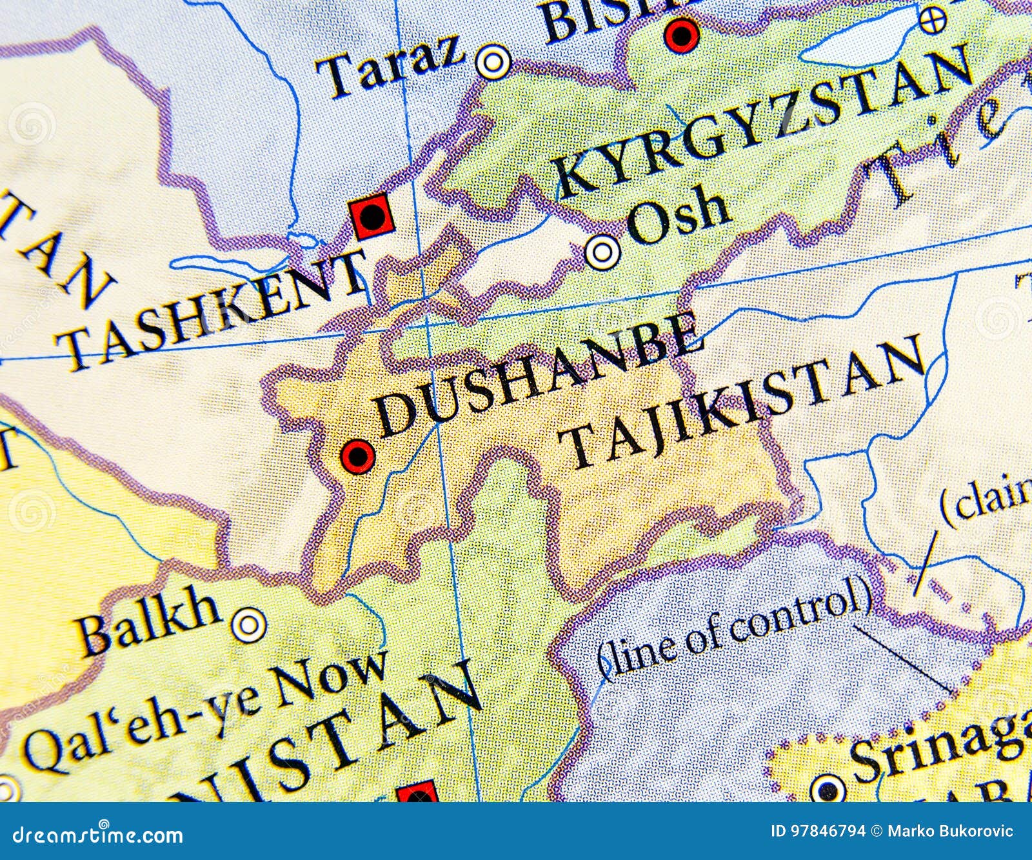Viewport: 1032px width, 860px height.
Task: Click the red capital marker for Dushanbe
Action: pos(357,457)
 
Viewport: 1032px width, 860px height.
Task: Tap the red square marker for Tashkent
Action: pos(372,217)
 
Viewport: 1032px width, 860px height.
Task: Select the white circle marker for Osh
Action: pos(602,252)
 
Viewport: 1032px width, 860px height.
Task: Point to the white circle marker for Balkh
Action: pos(248,624)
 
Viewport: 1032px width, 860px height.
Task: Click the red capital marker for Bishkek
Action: pos(682,34)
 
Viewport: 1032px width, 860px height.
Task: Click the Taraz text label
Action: pos(395,65)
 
